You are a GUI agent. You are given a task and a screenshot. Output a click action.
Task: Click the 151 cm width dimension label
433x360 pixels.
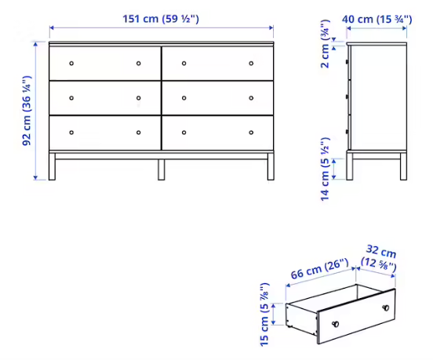(x=161, y=19)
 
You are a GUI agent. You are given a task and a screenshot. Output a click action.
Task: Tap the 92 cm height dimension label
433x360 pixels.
(x=27, y=111)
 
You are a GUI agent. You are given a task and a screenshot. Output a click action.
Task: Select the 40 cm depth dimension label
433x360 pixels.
(x=377, y=20)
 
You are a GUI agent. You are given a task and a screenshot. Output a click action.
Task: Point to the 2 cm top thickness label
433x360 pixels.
(x=326, y=44)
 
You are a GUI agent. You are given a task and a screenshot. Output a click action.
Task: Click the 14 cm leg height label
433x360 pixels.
(x=326, y=169)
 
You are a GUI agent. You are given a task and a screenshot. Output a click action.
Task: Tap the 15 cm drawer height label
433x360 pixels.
(x=264, y=315)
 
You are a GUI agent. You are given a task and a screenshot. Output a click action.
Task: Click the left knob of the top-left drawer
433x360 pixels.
(x=71, y=64)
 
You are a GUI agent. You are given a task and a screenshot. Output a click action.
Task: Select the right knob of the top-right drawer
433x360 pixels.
(x=251, y=64)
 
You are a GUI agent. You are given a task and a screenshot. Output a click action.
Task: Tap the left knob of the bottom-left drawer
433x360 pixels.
(x=71, y=133)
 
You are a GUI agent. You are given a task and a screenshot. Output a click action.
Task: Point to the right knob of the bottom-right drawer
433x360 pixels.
(x=251, y=133)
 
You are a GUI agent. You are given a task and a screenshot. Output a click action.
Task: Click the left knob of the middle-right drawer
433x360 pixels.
(x=184, y=98)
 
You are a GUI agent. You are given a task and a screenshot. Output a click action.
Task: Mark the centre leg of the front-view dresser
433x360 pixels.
(x=162, y=169)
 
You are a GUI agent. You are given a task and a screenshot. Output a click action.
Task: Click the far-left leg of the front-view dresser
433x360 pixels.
(x=52, y=166)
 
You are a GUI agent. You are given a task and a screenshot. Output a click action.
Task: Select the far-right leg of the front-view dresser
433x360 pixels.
(x=271, y=166)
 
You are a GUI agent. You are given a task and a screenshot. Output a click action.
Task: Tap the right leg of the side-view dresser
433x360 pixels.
(x=403, y=166)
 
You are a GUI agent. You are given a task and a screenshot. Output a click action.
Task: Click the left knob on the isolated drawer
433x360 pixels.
(x=336, y=324)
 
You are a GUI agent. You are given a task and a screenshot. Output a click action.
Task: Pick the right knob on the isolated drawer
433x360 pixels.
(x=385, y=307)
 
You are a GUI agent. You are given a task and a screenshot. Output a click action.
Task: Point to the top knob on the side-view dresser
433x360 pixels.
(x=347, y=63)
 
